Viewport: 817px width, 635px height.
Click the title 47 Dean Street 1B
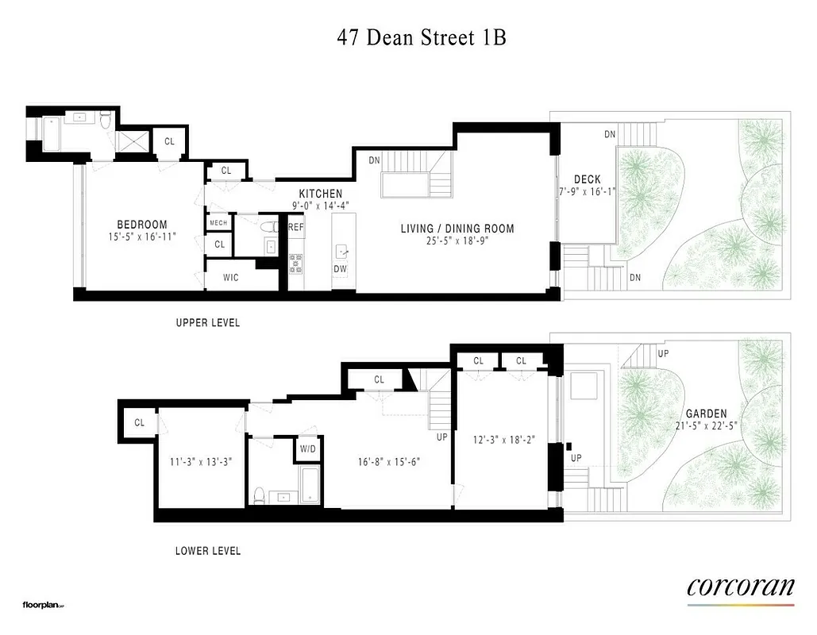(422, 38)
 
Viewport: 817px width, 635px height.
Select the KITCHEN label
(321, 194)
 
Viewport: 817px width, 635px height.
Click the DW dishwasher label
(340, 269)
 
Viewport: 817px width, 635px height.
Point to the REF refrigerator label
(296, 228)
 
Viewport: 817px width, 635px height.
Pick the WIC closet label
(229, 278)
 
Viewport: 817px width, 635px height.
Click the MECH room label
(219, 223)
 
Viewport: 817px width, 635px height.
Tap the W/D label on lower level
(307, 448)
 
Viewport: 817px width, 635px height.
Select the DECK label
(587, 180)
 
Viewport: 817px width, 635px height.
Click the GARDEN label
(706, 414)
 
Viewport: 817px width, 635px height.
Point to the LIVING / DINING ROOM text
(457, 229)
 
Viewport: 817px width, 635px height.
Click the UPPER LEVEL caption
(207, 323)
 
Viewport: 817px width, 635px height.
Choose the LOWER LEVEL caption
(207, 551)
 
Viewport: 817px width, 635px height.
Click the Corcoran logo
(740, 587)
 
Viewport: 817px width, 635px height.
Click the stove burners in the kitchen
(295, 263)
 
